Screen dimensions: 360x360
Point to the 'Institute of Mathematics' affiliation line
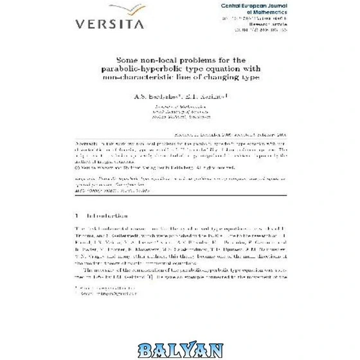coord(180,104)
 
